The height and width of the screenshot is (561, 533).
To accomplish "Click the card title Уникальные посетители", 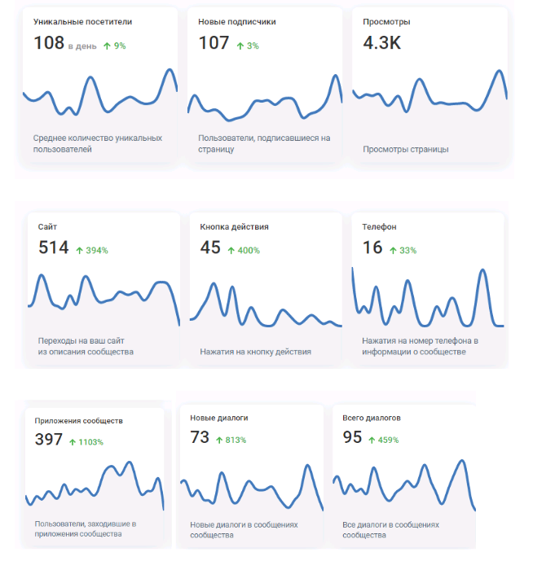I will (82, 22).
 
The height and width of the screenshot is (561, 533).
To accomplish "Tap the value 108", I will (48, 43).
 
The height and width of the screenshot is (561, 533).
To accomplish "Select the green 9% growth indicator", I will (114, 46).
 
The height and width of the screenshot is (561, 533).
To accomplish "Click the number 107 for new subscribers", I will (214, 43).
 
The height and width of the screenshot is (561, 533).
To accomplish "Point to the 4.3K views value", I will (381, 43).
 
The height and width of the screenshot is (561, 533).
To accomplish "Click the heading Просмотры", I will (386, 22).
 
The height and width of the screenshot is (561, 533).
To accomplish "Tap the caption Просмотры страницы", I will (406, 149).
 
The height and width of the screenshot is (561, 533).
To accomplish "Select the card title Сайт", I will (47, 226).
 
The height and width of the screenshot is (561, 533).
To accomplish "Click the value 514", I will (53, 248).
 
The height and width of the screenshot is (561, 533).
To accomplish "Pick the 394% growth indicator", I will (91, 250).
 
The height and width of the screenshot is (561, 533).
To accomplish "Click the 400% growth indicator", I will (244, 250).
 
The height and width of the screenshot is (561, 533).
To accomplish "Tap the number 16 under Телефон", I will (372, 248).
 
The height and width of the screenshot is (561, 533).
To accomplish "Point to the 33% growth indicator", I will (403, 250).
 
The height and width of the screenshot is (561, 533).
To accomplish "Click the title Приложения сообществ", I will (78, 421).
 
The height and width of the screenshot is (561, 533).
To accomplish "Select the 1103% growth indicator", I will (86, 442).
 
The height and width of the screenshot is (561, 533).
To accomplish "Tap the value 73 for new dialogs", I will (200, 437).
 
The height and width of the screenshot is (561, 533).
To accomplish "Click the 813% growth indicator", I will (231, 440).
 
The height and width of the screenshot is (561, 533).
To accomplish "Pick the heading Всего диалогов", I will (372, 418).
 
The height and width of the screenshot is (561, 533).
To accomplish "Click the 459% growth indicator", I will (383, 440).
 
